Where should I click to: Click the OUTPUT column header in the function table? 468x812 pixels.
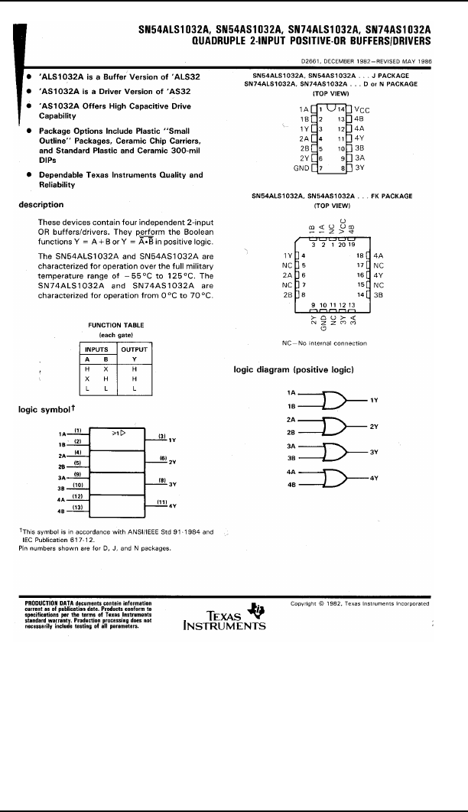click(x=134, y=349)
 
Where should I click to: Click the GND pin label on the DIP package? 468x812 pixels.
click(x=301, y=167)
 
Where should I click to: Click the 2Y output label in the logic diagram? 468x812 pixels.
click(x=374, y=425)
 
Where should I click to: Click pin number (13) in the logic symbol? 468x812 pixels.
click(x=77, y=506)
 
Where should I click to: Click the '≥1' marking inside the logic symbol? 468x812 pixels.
click(x=118, y=432)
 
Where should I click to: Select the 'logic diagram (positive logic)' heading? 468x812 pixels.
click(x=293, y=369)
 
